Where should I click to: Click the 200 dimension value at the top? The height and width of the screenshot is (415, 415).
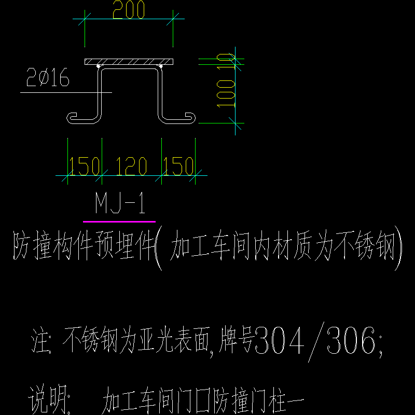click(129, 9)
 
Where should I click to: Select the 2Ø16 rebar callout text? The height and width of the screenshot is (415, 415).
click(48, 77)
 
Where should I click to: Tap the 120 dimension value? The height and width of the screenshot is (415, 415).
click(131, 166)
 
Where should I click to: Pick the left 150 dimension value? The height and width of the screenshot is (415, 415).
click(84, 166)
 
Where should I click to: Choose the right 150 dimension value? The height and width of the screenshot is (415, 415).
click(178, 166)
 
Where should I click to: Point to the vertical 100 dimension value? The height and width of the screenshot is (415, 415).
click(226, 94)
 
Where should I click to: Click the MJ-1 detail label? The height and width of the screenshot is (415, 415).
click(120, 203)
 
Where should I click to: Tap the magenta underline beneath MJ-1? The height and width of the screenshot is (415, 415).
click(119, 222)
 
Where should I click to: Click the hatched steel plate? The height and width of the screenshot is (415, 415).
click(129, 62)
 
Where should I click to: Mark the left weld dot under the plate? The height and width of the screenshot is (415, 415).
click(98, 66)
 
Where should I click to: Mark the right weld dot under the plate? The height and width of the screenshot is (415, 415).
click(161, 66)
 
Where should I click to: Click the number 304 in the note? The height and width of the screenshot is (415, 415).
click(280, 340)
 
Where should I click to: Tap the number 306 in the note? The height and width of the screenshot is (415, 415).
click(351, 340)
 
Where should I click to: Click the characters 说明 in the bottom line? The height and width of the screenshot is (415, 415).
click(47, 399)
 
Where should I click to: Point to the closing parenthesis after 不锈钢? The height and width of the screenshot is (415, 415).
click(398, 248)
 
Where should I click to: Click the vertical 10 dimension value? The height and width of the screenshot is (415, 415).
click(226, 61)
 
